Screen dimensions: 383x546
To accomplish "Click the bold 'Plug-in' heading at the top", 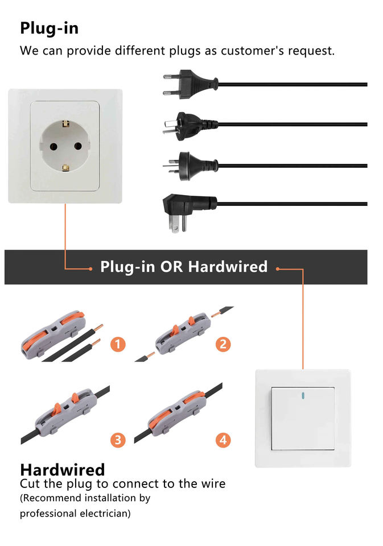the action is click(x=49, y=28).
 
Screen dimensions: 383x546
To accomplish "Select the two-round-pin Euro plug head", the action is click(x=190, y=84).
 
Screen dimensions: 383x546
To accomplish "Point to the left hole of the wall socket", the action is click(x=53, y=147).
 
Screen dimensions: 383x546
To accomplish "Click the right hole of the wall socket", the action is click(x=78, y=146).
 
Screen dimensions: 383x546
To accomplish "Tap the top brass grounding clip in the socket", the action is click(x=65, y=123).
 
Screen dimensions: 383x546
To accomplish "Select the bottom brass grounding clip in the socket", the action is click(x=65, y=168).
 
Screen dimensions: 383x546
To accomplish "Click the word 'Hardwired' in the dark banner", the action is click(x=228, y=267).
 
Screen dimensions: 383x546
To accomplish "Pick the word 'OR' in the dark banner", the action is click(x=171, y=267).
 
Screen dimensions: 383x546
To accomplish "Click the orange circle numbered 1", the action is click(x=118, y=345).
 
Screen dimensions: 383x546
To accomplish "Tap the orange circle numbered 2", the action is click(x=223, y=345).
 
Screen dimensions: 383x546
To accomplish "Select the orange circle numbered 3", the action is click(x=118, y=440).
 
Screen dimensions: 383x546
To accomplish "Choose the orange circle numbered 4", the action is click(x=223, y=440).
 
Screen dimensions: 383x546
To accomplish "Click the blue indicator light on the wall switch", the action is click(x=303, y=396).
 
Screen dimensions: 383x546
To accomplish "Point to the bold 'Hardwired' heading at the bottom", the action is click(x=63, y=470).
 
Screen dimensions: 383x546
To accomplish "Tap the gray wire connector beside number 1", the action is click(x=53, y=335).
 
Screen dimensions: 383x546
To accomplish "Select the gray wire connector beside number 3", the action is click(x=65, y=412).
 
